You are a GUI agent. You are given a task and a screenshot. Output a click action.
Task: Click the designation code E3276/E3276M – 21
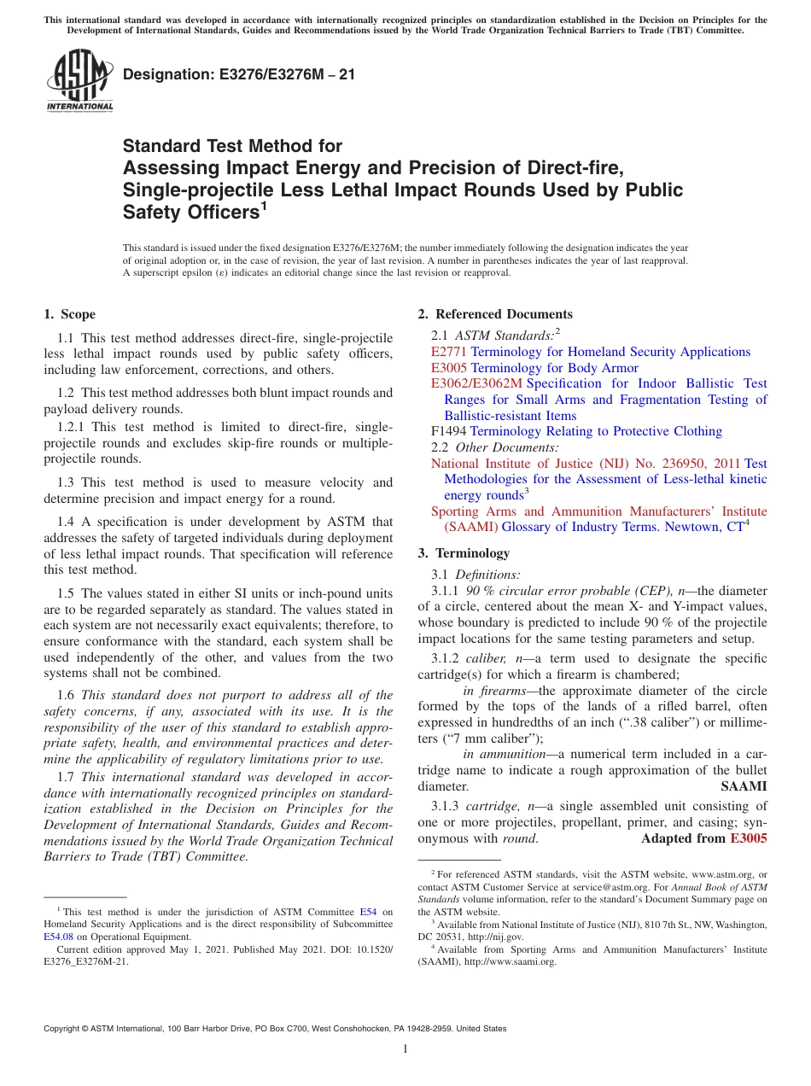point(239,75)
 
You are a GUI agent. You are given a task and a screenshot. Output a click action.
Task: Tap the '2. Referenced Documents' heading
point(495,314)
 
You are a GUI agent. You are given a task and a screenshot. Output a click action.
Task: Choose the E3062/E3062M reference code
point(476,384)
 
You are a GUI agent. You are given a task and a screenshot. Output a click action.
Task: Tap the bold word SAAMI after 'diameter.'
point(744,785)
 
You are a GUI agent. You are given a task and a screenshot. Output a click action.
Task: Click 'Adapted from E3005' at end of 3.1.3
point(703,838)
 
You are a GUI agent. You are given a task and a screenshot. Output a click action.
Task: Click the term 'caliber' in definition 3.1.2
point(487,659)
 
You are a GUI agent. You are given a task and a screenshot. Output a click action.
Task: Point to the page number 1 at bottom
point(405,1049)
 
